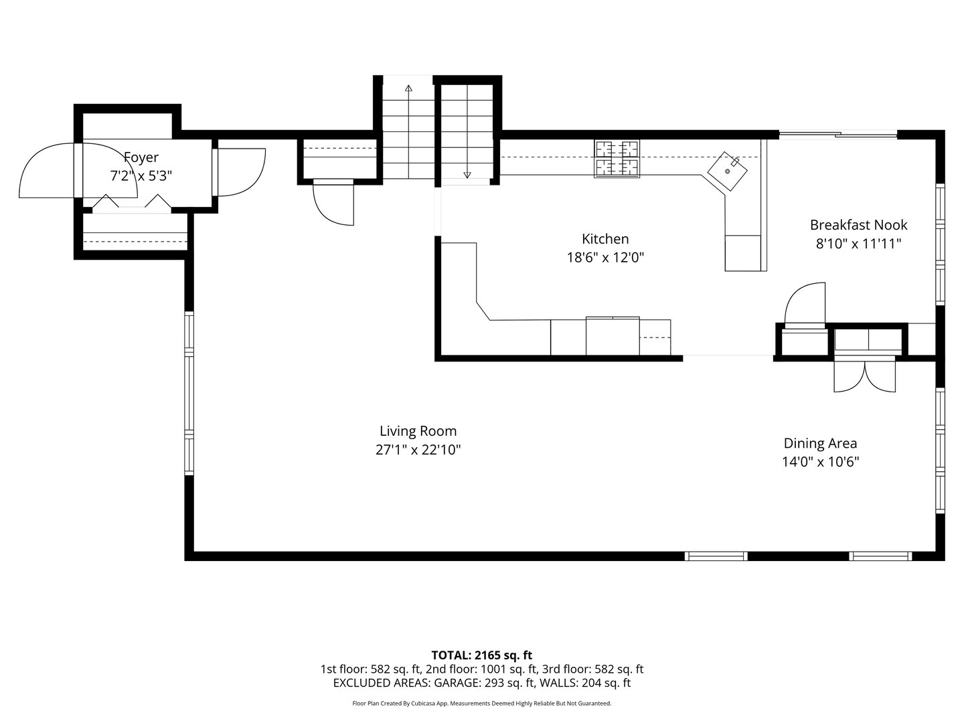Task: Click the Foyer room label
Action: coord(141,157)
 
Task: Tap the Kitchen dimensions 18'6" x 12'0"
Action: coord(605,257)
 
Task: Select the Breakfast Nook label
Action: coord(858,225)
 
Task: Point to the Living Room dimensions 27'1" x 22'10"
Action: coord(418,450)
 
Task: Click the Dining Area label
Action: coord(820,443)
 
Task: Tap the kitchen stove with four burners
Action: coord(617,159)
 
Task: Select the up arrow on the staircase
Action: coord(408,88)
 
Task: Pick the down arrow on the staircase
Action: coord(467,175)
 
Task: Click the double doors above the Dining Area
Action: coord(864,376)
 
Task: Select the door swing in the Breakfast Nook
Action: coord(805,303)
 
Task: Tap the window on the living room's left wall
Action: coord(189,395)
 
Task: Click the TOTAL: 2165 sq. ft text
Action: coord(482,655)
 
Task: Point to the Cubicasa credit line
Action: coord(482,704)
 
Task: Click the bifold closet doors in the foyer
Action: coord(131,202)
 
